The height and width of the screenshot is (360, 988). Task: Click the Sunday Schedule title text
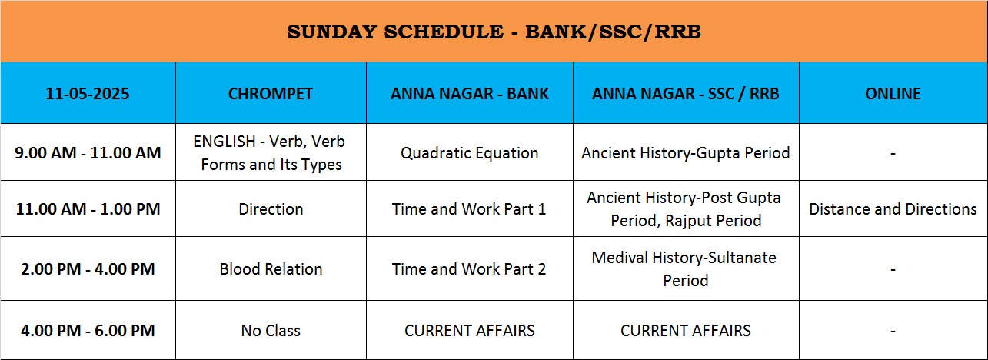(494, 32)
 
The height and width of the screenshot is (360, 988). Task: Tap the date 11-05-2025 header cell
(88, 94)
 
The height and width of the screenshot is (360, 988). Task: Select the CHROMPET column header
(271, 94)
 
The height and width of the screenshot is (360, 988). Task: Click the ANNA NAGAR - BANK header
(469, 94)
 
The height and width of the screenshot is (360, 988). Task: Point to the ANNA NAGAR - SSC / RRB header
(685, 94)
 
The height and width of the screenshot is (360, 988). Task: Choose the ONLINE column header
(893, 94)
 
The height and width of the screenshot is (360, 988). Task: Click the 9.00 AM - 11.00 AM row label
(88, 152)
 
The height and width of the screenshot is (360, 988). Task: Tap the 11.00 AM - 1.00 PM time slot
(88, 208)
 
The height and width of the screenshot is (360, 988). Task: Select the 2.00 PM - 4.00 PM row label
(88, 268)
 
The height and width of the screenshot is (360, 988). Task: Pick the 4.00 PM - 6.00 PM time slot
(88, 331)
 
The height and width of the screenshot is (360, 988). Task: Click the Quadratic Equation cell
(469, 153)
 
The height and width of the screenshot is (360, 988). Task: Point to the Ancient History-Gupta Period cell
(685, 153)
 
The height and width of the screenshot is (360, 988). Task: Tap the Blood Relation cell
(271, 268)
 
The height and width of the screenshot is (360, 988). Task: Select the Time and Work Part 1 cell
(469, 208)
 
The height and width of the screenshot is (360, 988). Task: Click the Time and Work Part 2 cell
(469, 268)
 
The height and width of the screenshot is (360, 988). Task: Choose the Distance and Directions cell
(893, 208)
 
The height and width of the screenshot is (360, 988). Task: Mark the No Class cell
(271, 331)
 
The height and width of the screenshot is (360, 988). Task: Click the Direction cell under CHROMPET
(271, 208)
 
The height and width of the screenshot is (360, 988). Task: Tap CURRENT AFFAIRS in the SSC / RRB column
(685, 331)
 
